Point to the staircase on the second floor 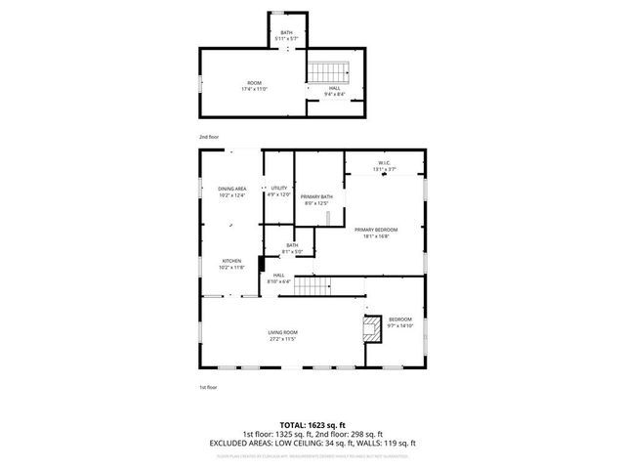point(329,71)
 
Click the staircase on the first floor point(313,285)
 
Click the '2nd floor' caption point(209,138)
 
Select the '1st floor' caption point(208,388)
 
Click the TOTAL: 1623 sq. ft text point(312,425)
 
